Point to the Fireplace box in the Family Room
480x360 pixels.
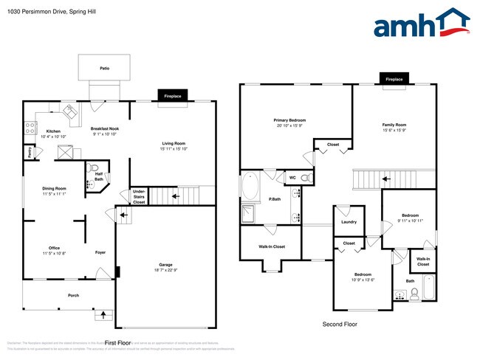394,79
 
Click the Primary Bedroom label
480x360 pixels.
289,120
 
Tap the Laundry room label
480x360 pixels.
349,221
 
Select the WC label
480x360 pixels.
292,177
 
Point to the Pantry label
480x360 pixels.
29,153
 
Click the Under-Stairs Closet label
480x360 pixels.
139,196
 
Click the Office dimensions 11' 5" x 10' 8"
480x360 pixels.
54,253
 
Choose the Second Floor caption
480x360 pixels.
340,324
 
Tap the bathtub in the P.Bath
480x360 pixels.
250,187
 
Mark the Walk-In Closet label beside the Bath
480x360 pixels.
423,261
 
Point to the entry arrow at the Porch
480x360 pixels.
103,316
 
